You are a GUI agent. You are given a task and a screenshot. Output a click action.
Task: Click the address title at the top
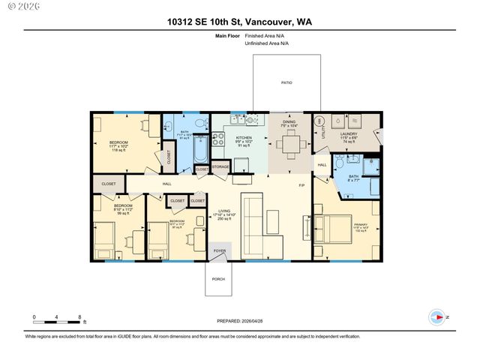coord(240,22)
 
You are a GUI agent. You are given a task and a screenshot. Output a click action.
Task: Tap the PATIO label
coord(286,82)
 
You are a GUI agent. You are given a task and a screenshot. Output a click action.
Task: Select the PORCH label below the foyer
coord(218,278)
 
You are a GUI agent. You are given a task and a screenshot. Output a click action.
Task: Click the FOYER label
coord(220,252)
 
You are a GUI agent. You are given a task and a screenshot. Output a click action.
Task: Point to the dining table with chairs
coord(289,143)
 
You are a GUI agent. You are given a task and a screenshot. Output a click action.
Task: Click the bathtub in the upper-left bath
coord(200,149)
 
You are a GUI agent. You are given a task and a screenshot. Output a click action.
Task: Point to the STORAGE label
coord(220,166)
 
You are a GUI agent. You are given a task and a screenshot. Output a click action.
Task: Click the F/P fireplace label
coord(301,185)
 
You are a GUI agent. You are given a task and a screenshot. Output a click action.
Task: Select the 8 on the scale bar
coord(80,317)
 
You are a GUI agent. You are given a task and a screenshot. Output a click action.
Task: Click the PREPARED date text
coord(240,321)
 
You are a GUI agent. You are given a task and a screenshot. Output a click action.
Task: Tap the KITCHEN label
coord(244,139)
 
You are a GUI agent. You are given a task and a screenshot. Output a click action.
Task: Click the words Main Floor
coord(227,35)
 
